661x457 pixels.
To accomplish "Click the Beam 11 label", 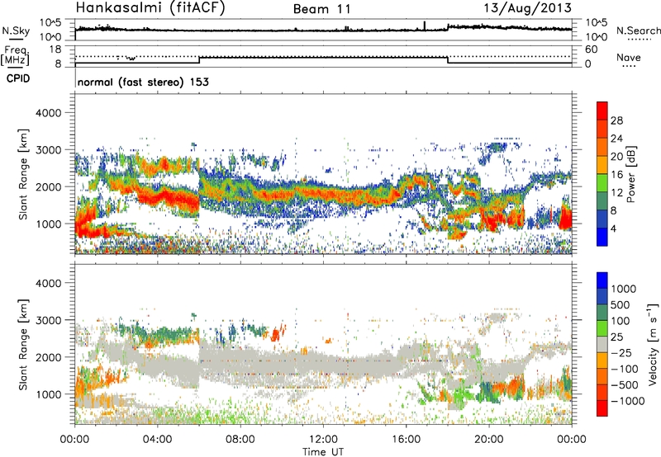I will (x=322, y=10).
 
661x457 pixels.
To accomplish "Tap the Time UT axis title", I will (x=323, y=452).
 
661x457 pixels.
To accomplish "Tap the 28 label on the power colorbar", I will (x=616, y=119).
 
